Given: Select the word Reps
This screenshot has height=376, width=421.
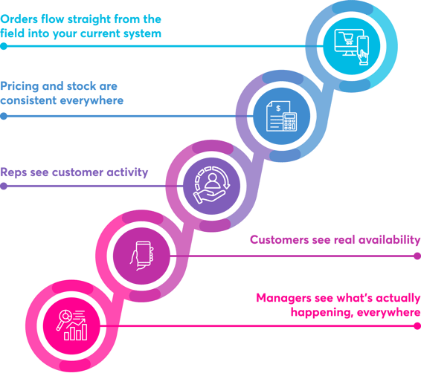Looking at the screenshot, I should pos(15,172).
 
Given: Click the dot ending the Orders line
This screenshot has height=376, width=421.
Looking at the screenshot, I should pos(4,46).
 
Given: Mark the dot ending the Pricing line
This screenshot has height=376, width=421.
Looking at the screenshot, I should pos(4,115).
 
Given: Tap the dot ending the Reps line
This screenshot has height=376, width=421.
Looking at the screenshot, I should pos(4,186).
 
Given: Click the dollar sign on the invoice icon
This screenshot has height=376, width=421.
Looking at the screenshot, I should pos(277,108).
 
